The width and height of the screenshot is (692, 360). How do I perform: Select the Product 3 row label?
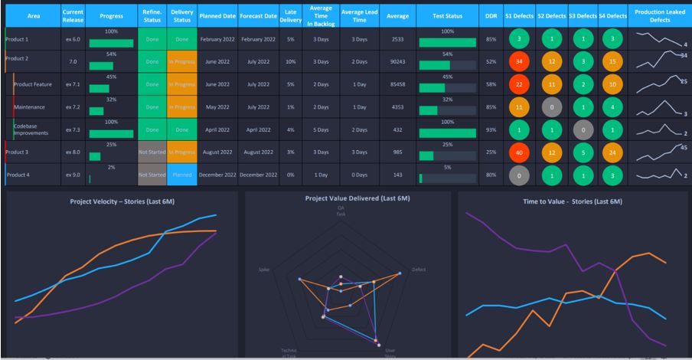[x=18, y=152]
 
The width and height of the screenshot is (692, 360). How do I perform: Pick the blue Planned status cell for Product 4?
[x=181, y=175]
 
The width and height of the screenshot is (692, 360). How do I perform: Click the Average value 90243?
[x=397, y=62]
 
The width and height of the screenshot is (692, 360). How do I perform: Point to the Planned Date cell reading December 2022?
[x=217, y=175]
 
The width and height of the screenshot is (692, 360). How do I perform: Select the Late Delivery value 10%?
[x=290, y=62]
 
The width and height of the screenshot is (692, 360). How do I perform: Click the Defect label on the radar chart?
[x=419, y=270]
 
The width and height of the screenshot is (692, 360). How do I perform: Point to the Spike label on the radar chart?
[x=264, y=270]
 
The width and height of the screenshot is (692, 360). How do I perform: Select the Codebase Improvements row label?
[x=31, y=129]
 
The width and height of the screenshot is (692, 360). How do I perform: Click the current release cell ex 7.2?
[x=73, y=107]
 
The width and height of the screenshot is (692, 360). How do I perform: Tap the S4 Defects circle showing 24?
[x=612, y=152]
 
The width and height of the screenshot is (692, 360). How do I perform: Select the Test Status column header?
[x=447, y=15]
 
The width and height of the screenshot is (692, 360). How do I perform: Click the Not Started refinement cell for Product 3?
[x=152, y=152]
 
